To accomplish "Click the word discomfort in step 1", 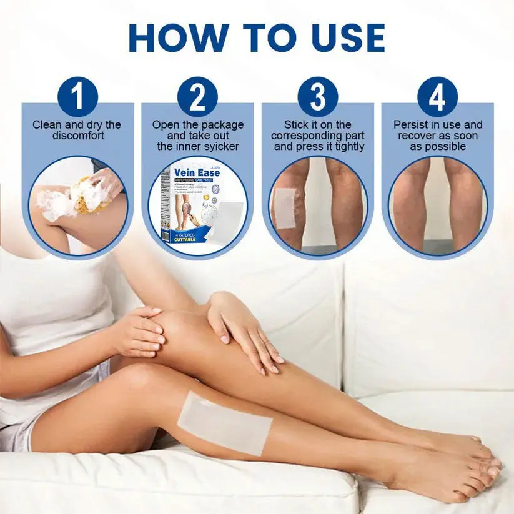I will (77, 136).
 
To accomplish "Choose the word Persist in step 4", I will (410, 125).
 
